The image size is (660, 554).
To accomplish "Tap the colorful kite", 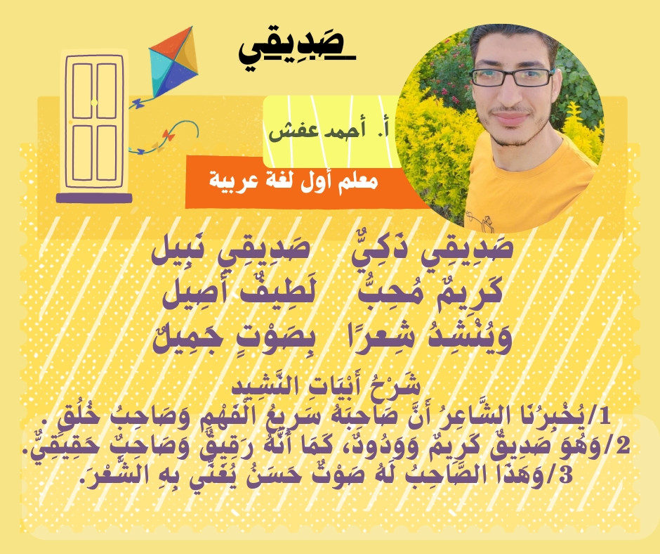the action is tap(173, 62).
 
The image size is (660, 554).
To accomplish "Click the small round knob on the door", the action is tap(94, 103).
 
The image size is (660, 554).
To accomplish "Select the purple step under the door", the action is tap(94, 198).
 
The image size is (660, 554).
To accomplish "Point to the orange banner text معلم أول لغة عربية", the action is tap(293, 181).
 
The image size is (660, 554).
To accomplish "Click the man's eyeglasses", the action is tap(512, 77).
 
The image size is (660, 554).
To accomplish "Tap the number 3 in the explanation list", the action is tap(565, 475).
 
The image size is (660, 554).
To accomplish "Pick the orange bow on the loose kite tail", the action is tap(169, 136).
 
